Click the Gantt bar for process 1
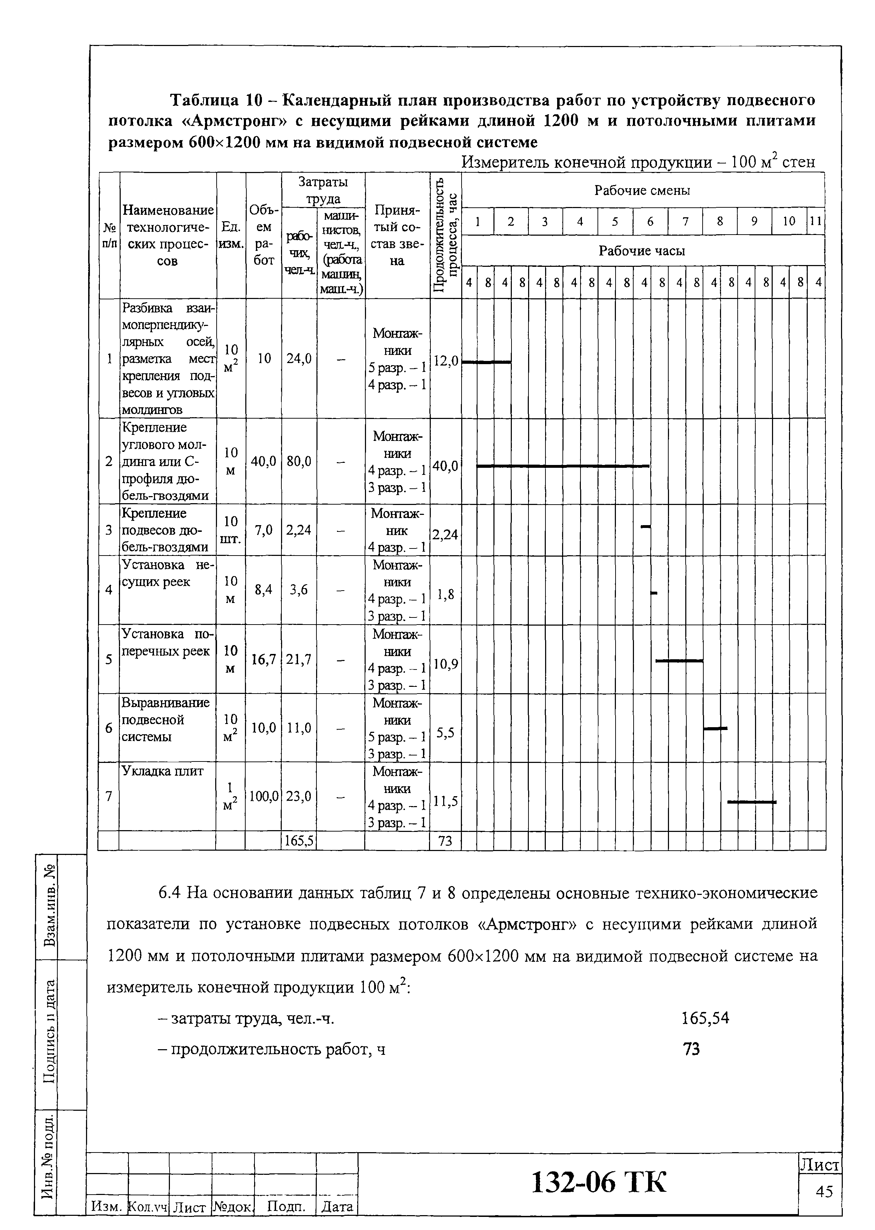487,362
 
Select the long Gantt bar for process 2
563,466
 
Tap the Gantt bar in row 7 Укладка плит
751,802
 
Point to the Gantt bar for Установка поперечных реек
679,660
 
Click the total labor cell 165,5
299,841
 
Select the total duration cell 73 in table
445,841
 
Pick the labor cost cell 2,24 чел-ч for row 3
299,530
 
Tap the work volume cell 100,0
263,796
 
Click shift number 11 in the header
816,221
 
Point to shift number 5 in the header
615,221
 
